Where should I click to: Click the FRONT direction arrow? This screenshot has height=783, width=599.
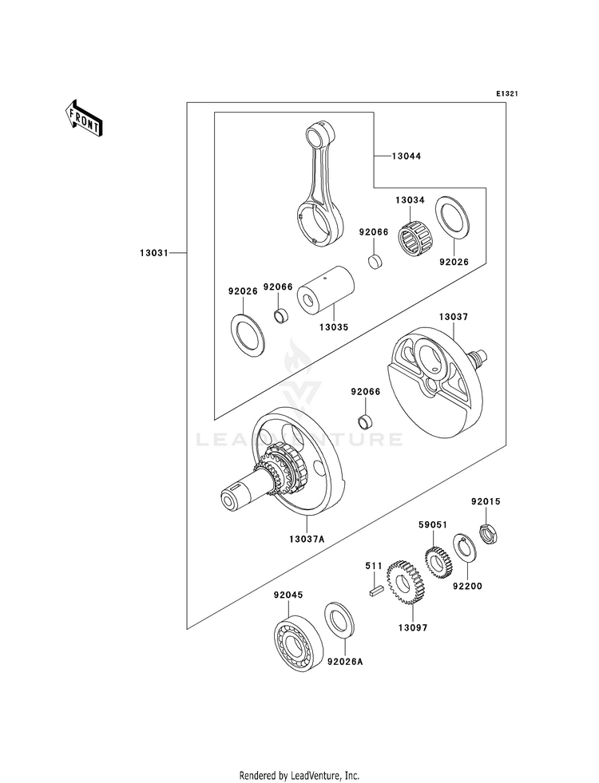pos(83,118)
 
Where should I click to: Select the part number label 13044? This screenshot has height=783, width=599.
pos(407,156)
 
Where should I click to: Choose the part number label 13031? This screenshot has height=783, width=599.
pos(154,254)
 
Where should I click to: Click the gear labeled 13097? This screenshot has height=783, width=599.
pos(407,583)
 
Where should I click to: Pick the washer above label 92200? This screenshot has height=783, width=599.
pos(465,553)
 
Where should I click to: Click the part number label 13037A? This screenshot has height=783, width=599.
pos(307,540)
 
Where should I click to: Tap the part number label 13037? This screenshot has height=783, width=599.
pos(454,317)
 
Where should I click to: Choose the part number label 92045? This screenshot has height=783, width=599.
pos(288,595)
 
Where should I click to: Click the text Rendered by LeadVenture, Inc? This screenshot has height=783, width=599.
pos(299,776)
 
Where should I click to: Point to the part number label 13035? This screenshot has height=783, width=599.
pos(334,327)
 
